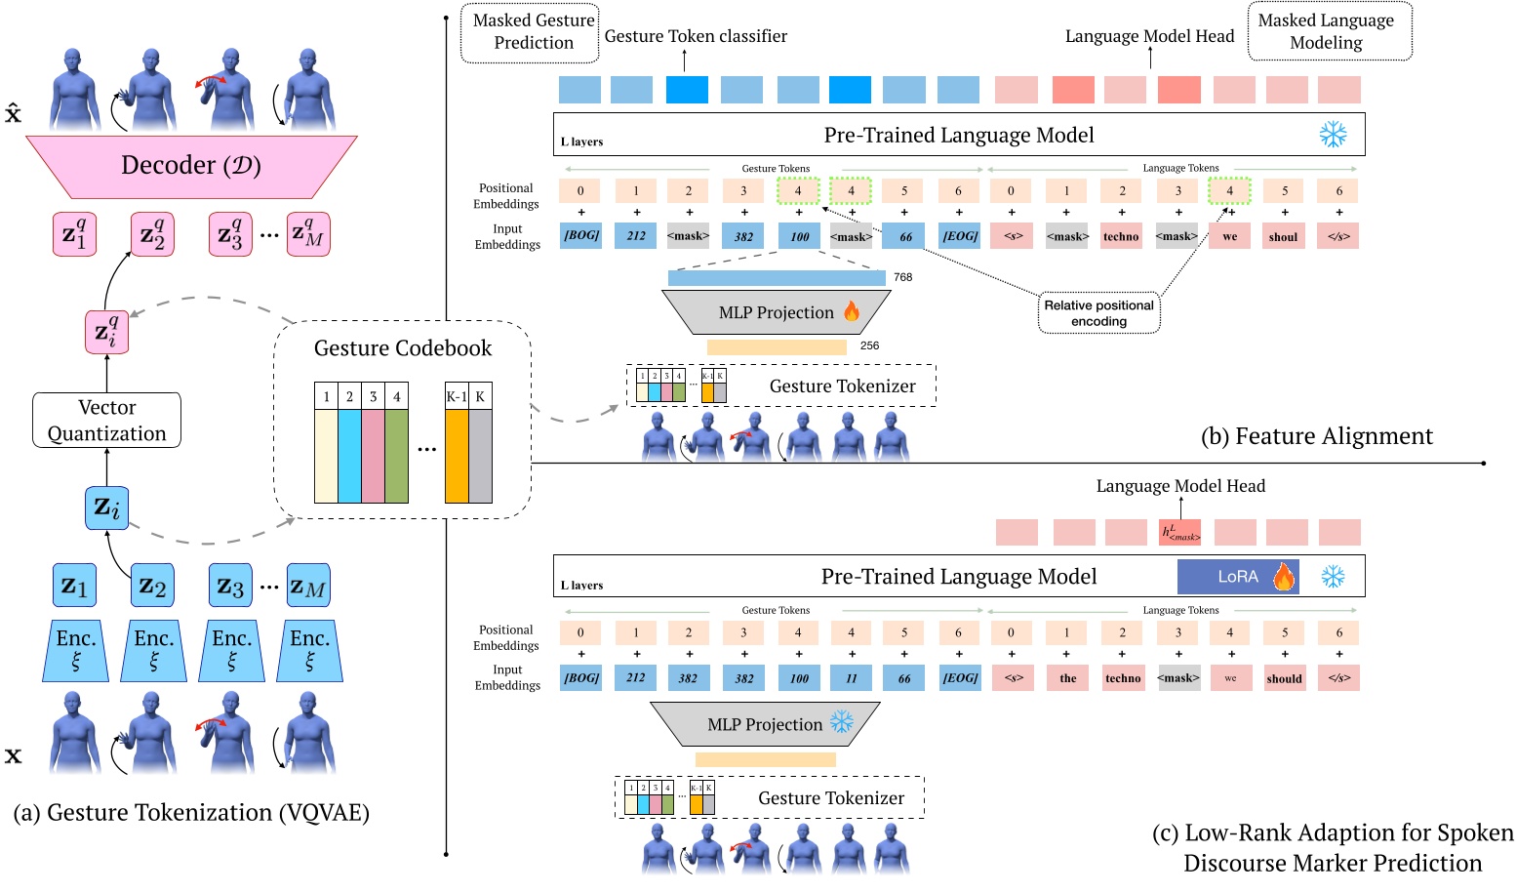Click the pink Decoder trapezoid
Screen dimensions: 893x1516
click(x=191, y=166)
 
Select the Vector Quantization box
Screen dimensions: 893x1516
click(x=106, y=421)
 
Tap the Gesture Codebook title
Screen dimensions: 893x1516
click(x=402, y=348)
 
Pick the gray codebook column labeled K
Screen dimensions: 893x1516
click(x=480, y=456)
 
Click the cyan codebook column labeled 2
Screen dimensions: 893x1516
click(x=349, y=456)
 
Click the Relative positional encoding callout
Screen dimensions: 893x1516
click(x=1098, y=313)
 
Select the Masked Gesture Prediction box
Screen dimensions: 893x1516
click(x=533, y=32)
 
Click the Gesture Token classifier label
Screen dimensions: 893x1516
click(x=696, y=36)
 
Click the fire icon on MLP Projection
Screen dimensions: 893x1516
click(x=852, y=311)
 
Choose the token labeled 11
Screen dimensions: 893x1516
click(x=852, y=678)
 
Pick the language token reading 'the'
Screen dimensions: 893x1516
click(x=1068, y=678)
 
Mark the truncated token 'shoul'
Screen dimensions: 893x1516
click(x=1283, y=237)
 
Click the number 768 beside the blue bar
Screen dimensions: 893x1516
click(x=903, y=277)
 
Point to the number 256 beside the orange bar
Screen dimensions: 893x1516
click(x=870, y=345)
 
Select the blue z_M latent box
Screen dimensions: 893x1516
click(x=307, y=587)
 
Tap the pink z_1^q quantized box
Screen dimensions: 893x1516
click(x=74, y=235)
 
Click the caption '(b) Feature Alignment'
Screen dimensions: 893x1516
click(x=1316, y=436)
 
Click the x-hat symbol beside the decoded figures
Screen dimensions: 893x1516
click(x=13, y=113)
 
